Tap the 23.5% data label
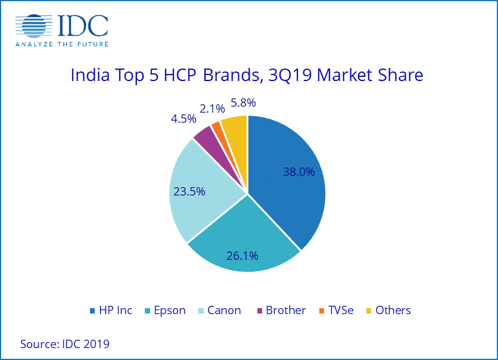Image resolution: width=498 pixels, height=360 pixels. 189,191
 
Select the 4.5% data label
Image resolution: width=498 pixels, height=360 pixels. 183,119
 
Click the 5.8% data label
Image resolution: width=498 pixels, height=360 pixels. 243,103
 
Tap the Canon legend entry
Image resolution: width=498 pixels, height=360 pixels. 219,311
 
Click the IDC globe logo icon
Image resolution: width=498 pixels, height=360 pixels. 35,26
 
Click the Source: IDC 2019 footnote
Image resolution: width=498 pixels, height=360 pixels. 65,344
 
